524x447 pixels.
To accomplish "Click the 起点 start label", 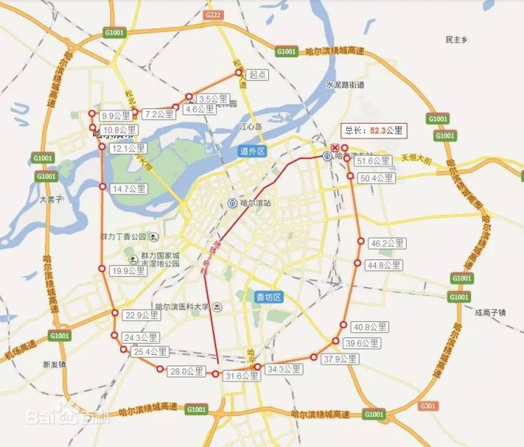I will pyautogui.click(x=257, y=74).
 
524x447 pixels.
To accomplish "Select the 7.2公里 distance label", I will pyautogui.click(x=159, y=113).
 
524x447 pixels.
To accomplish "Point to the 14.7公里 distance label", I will pyautogui.click(x=130, y=188).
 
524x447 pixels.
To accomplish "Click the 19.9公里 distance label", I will pyautogui.click(x=129, y=270).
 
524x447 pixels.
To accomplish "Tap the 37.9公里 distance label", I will pyautogui.click(x=340, y=359).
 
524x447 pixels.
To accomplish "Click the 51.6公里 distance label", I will pyautogui.click(x=374, y=162).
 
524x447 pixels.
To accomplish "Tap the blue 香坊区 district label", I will pyautogui.click(x=268, y=297).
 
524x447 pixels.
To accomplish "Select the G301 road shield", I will pyautogui.click(x=428, y=406).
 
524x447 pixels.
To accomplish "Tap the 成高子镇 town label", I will pyautogui.click(x=490, y=313).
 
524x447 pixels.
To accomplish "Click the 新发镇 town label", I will pyautogui.click(x=53, y=364).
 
